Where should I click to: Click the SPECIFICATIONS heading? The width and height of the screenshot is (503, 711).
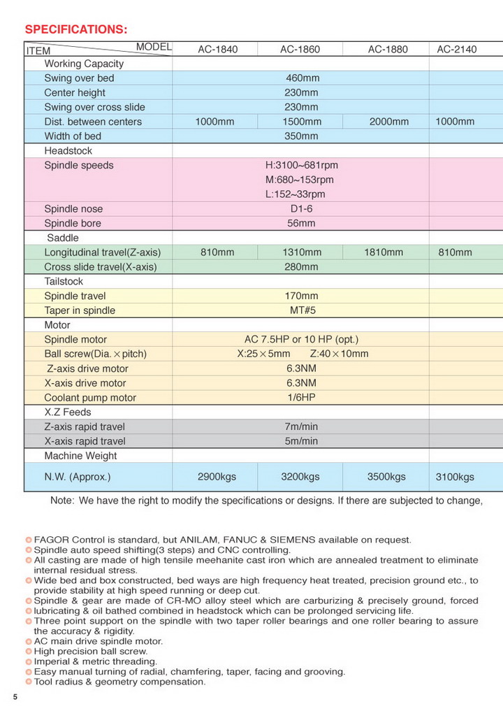76,29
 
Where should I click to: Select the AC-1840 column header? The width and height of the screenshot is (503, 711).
217,50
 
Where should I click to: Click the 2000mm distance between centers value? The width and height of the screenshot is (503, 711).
388,122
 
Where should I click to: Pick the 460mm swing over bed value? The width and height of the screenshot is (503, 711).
301,78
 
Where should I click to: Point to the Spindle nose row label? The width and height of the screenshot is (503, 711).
73,209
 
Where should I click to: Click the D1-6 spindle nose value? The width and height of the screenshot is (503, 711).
301,209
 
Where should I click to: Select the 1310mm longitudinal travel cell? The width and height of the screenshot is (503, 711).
301,252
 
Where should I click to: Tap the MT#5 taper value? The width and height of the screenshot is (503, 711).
301,310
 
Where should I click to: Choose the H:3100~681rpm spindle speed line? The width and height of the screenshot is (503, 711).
301,166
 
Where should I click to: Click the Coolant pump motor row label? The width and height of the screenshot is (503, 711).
90,398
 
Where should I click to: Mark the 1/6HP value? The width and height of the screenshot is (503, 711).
301,398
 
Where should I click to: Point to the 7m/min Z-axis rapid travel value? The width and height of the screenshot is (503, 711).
301,426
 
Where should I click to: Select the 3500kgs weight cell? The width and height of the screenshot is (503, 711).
386,477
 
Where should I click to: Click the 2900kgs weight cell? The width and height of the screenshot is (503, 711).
217,477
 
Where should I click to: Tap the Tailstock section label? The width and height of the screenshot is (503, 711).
64,281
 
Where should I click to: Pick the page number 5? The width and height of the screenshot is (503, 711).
15,697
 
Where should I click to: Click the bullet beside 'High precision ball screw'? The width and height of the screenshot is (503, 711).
29,652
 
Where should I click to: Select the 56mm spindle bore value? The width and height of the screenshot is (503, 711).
301,224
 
